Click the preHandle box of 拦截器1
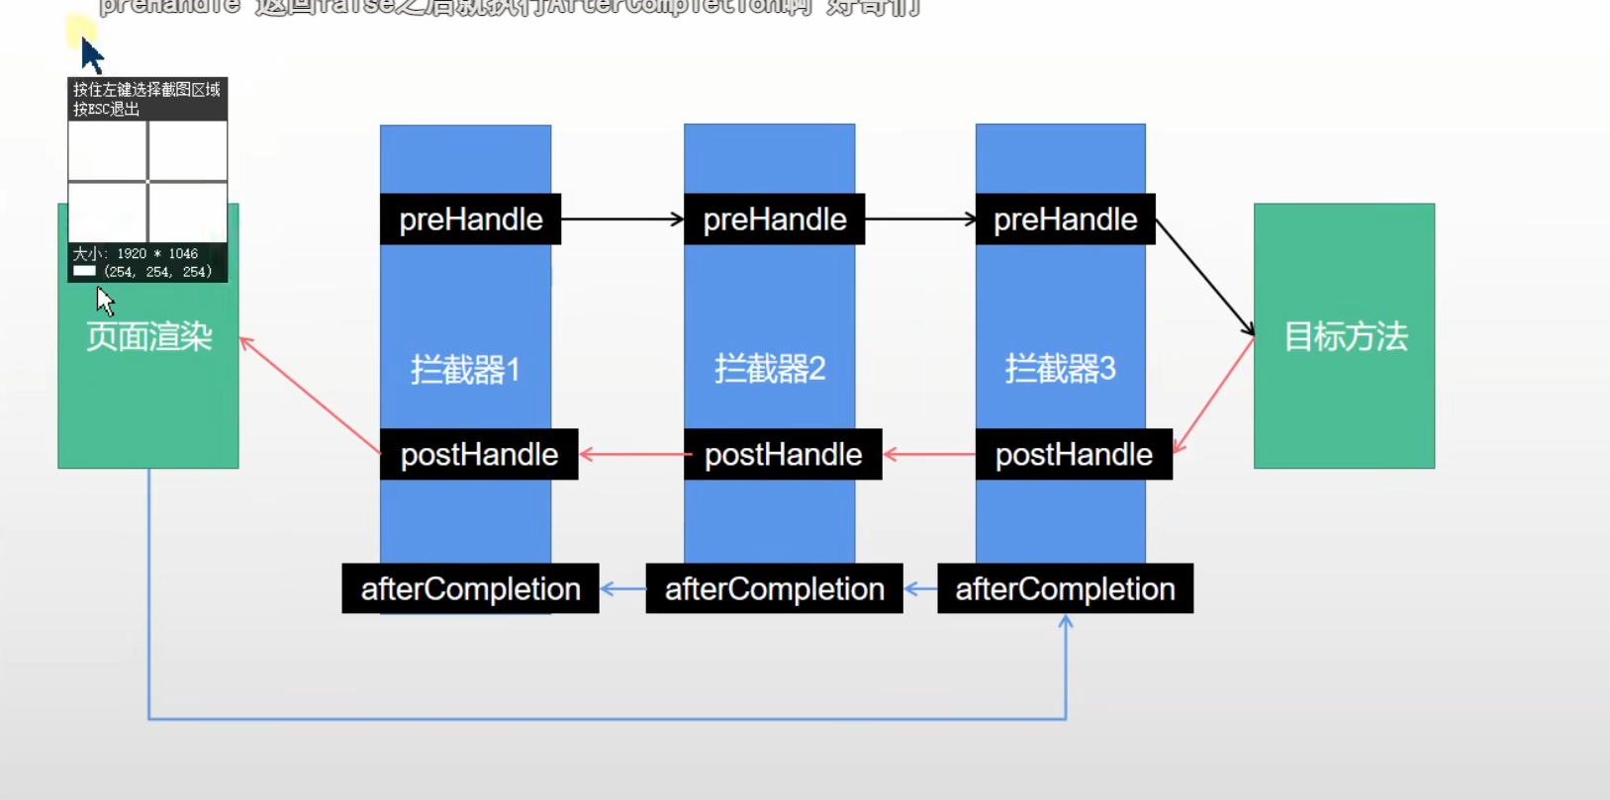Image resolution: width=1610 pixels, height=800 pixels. pos(470,219)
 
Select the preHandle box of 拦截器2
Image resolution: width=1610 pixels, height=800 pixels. pos(774,219)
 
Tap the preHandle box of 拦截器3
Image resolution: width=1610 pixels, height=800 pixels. pos(1065,219)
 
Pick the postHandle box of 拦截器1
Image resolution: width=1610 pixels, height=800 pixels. pos(479,454)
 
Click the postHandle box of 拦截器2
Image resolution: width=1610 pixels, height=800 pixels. pos(783,454)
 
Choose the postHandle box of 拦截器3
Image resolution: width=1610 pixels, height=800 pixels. pos(1074,454)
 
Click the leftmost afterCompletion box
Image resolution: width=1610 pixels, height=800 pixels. pos(470,588)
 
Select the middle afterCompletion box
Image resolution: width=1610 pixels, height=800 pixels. pos(774,588)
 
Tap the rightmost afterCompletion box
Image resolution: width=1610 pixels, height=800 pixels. pos(1065,588)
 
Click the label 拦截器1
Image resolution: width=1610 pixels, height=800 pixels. pos(465,370)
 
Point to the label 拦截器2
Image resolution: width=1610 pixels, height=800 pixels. pos(770,369)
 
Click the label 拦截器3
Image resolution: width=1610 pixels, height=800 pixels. pos(1060,369)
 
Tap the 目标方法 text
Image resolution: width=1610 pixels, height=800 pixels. pos(1345,336)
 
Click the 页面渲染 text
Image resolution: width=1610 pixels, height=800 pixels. pos(148,336)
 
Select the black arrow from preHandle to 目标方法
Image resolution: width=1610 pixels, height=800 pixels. pos(1205,278)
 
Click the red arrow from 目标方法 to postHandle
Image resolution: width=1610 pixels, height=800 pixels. pos(1214,395)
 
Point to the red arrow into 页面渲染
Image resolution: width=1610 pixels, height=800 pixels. pos(310,395)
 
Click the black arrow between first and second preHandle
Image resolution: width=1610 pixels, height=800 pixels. pos(621,219)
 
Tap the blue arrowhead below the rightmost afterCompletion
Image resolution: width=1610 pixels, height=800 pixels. pos(1066,623)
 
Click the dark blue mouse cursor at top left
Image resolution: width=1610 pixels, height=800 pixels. pos(91,55)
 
